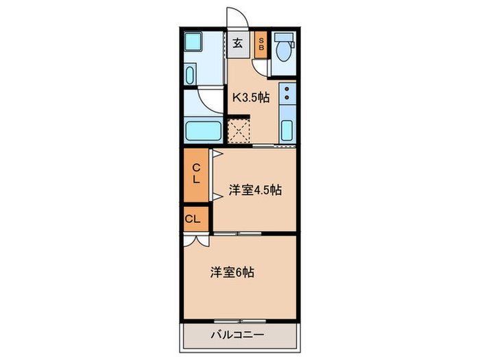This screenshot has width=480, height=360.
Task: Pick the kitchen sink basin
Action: click(287, 130)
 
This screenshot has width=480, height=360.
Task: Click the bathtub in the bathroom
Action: click(203, 129)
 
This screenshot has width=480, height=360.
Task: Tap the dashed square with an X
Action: click(239, 130)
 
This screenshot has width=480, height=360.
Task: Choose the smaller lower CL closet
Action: click(193, 219)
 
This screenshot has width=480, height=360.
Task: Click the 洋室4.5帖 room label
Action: click(254, 191)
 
